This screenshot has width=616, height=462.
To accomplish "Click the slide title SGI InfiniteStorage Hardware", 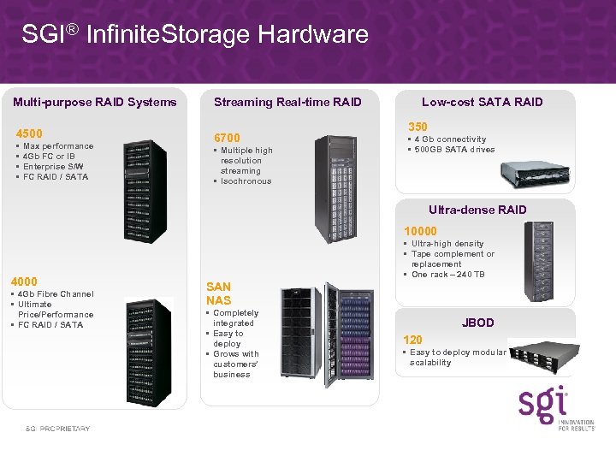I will point(195,34).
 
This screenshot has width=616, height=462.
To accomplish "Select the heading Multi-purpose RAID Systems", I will point(95,102).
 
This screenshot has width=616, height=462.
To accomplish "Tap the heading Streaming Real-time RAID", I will point(287,102).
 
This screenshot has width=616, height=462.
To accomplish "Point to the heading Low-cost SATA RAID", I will point(483,102).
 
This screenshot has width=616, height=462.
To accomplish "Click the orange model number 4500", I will point(29,133).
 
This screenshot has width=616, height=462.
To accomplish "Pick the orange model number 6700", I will point(227,138).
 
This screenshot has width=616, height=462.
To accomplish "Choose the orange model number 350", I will point(418,127).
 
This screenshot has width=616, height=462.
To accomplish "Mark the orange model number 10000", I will point(420,231).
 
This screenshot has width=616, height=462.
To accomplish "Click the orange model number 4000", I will point(24,281).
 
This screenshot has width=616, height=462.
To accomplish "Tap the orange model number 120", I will point(412,340).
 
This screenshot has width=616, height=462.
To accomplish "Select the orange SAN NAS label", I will point(218,293).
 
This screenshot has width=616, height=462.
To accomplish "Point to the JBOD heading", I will point(478,323).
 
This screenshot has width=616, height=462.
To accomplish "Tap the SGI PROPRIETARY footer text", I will point(57,429).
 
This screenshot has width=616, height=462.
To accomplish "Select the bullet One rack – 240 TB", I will point(447,275).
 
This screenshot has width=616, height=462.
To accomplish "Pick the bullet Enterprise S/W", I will point(53,167).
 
